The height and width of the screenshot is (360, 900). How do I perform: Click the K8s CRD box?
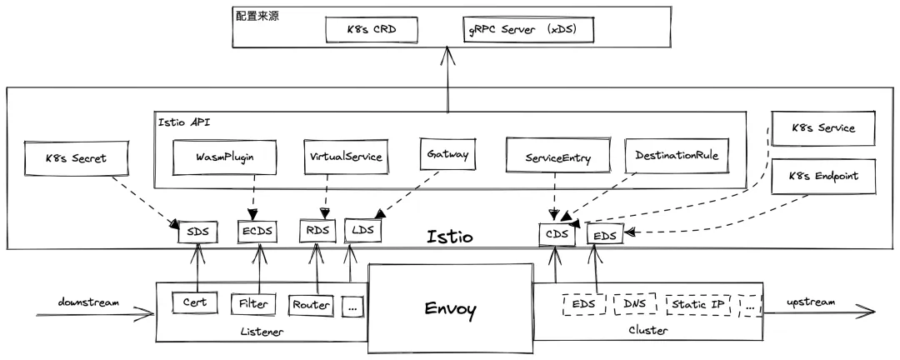click(x=371, y=29)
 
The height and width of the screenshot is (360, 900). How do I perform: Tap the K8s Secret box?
click(x=76, y=157)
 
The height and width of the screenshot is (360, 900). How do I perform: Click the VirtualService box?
click(x=345, y=157)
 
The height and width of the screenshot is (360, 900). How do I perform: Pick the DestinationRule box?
click(x=676, y=156)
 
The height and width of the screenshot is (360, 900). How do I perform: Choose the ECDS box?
click(x=257, y=231)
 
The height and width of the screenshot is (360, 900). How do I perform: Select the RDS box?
click(x=317, y=231)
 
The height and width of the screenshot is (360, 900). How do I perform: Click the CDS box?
click(x=557, y=234)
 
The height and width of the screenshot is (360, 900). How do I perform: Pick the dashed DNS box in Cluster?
click(x=635, y=304)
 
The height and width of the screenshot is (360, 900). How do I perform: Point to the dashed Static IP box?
click(x=697, y=305)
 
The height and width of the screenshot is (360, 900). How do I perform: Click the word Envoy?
click(x=449, y=311)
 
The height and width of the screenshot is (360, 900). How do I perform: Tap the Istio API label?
click(x=184, y=122)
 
